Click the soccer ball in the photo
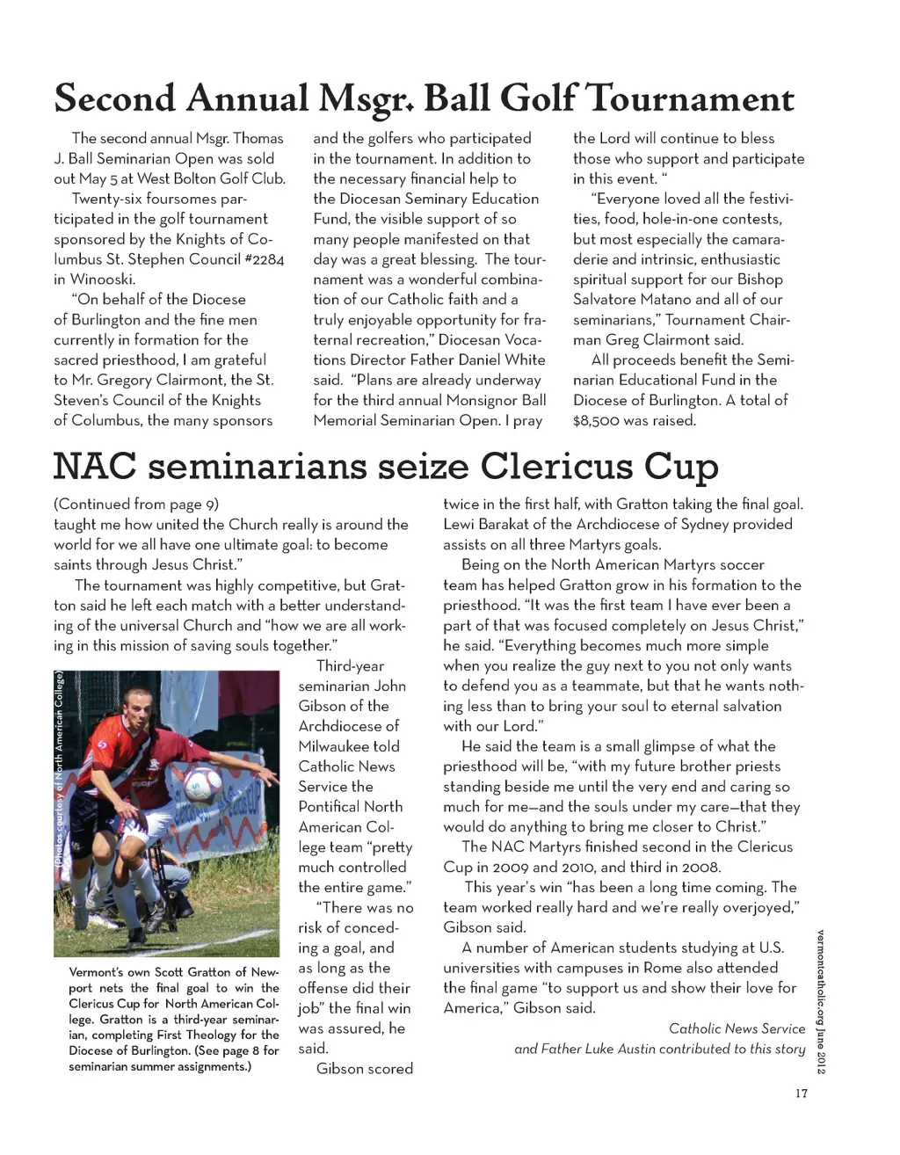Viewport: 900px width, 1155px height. click(x=202, y=785)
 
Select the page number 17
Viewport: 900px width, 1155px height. click(x=801, y=1093)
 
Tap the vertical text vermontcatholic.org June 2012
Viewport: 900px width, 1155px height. click(x=820, y=1001)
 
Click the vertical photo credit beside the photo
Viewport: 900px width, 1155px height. click(x=60, y=769)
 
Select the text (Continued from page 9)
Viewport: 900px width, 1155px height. click(x=136, y=504)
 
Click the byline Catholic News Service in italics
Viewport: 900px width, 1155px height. click(x=737, y=1028)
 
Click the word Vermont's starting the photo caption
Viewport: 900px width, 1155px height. click(x=98, y=972)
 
